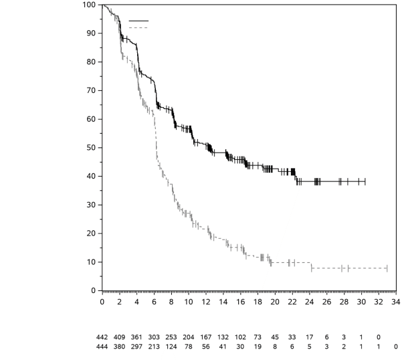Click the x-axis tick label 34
click(x=395, y=302)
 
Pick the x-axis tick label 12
click(x=205, y=302)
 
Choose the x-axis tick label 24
click(x=309, y=302)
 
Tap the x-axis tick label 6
click(x=154, y=302)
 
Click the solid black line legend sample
click(x=138, y=21)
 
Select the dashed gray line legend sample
click(x=138, y=27)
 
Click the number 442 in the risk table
click(x=102, y=338)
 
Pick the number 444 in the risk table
click(x=102, y=346)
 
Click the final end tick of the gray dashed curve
click(x=387, y=268)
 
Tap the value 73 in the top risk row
click(x=258, y=338)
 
